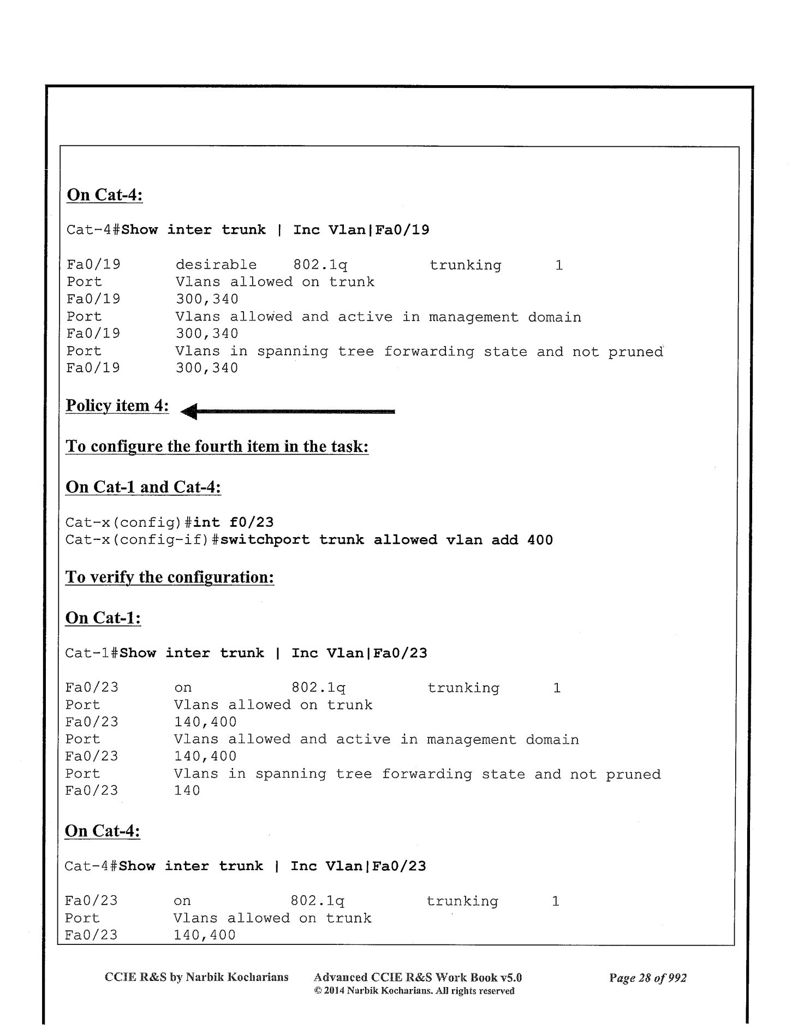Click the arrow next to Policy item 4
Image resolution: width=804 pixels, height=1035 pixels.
287,412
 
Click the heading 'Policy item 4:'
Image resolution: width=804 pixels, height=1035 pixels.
117,406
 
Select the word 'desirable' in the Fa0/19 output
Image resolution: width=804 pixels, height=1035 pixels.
216,265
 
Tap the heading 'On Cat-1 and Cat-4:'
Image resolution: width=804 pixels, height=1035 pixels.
143,486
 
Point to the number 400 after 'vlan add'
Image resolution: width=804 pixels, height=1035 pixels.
540,540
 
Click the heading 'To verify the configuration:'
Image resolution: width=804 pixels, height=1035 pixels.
169,576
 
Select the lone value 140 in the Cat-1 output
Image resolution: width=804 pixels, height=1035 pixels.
187,790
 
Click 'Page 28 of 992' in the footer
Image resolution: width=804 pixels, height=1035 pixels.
647,978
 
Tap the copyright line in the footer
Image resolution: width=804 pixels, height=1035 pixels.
414,991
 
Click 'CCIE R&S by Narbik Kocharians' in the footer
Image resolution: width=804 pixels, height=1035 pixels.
196,977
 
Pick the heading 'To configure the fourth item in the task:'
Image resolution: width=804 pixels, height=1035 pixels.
217,446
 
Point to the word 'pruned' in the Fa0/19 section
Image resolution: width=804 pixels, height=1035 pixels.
635,352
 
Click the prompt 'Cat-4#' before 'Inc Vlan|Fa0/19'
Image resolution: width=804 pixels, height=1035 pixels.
93,230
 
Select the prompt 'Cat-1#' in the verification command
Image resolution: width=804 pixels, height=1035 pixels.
92,653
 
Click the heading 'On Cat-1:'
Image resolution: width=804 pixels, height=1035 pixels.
103,617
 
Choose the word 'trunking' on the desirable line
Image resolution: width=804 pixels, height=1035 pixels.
465,265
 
